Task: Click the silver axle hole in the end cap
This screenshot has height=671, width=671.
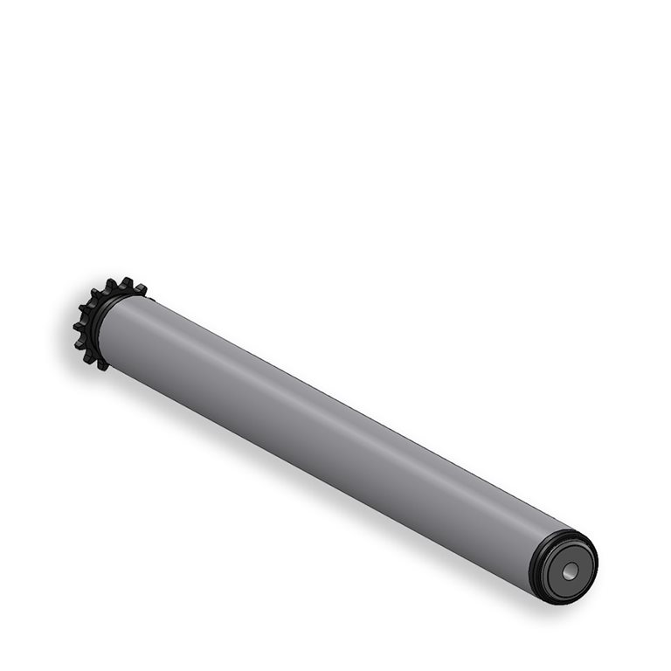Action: [569, 571]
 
